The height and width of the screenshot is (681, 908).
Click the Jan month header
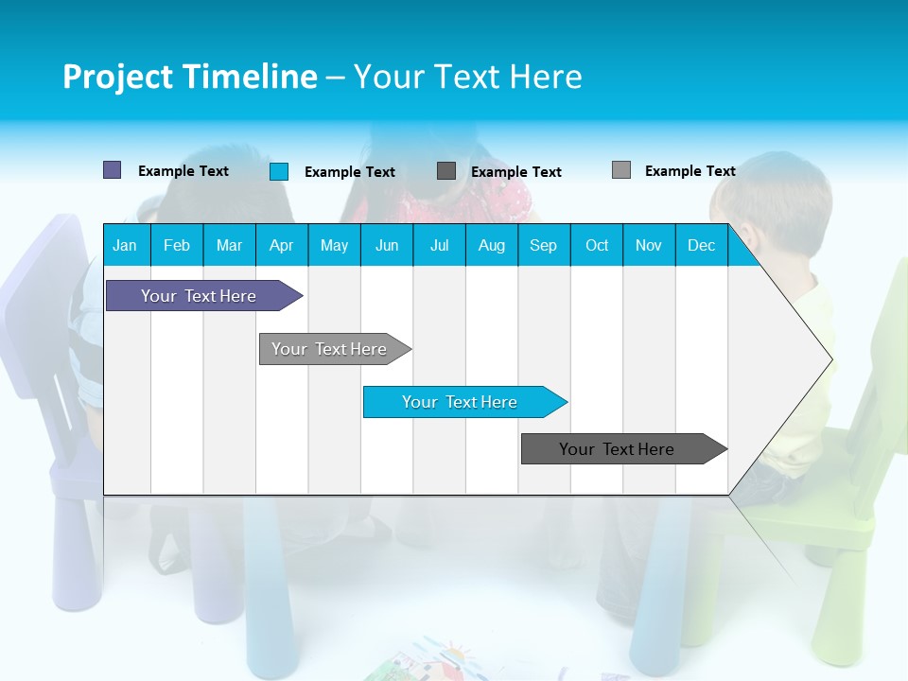(125, 245)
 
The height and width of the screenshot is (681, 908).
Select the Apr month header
(281, 245)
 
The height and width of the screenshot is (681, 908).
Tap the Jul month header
(439, 245)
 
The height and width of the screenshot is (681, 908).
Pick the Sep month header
(543, 245)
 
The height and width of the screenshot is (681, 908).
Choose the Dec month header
(701, 245)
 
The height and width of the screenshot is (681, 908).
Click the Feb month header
(177, 245)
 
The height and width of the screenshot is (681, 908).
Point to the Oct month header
(597, 245)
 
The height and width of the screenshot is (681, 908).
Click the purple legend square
(112, 170)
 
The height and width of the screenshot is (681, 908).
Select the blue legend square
(279, 171)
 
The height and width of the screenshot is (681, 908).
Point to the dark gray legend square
(446, 170)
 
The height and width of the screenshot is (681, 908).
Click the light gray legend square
(621, 170)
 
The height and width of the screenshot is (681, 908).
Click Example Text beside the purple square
(183, 171)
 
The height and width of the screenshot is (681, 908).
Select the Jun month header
(387, 245)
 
